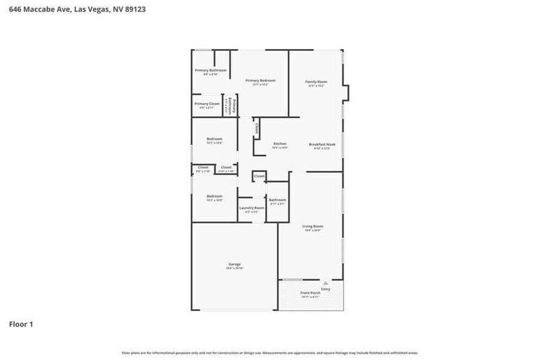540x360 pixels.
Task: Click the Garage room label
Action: (234, 264)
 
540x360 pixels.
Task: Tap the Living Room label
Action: (312, 227)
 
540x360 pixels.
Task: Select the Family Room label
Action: (316, 81)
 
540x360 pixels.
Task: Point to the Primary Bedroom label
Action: (260, 80)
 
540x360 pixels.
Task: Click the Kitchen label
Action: (279, 144)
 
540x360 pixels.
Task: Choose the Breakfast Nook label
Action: (322, 144)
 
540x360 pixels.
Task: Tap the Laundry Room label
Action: (251, 208)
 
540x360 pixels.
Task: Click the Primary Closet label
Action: (207, 103)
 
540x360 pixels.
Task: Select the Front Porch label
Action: (310, 293)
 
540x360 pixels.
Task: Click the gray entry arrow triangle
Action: (326, 283)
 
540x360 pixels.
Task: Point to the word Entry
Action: (326, 289)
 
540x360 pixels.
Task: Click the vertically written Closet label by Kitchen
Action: (257, 128)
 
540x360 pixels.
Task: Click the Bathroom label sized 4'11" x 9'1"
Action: (277, 200)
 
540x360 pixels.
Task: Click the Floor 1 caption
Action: (21, 324)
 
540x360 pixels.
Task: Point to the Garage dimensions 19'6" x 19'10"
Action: (234, 269)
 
